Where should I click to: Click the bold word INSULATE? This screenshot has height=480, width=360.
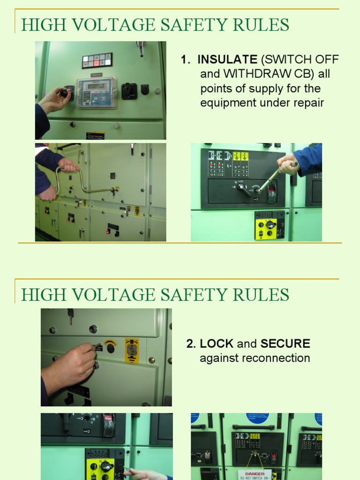[227, 60]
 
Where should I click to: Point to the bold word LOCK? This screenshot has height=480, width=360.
[217, 344]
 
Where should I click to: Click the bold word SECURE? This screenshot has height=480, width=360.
[285, 344]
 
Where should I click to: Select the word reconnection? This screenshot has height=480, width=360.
[274, 358]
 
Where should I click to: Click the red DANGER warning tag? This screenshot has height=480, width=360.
[255, 474]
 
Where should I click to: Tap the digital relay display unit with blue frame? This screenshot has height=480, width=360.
[97, 93]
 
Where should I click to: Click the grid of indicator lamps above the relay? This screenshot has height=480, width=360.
[97, 60]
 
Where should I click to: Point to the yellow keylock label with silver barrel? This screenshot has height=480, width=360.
[132, 351]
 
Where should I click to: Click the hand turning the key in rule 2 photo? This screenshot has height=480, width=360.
[70, 363]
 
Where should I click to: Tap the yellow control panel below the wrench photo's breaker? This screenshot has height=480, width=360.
[270, 225]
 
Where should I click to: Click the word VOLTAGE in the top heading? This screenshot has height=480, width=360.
[120, 24]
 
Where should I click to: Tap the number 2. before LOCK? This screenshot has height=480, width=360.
[191, 344]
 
